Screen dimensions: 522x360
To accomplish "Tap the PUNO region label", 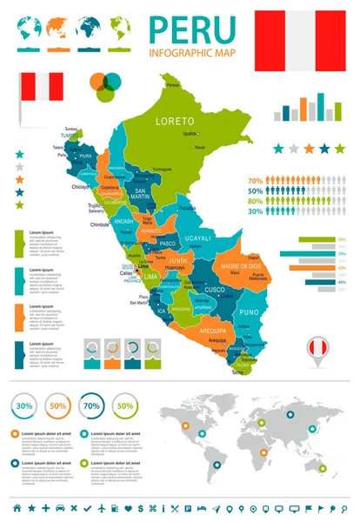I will (x=250, y=311).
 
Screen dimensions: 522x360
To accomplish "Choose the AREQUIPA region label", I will (x=212, y=331).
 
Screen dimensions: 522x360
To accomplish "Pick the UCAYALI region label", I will (x=199, y=238).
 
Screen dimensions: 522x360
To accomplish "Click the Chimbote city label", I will (x=100, y=224).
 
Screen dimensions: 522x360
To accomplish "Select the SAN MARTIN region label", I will (x=145, y=193).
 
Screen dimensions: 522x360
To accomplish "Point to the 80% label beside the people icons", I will (x=256, y=201).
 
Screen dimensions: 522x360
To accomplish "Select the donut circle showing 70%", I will (x=90, y=405).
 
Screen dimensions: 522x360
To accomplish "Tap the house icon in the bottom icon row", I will (x=17, y=507).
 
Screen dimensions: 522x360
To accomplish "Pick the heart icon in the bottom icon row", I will (x=128, y=507).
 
